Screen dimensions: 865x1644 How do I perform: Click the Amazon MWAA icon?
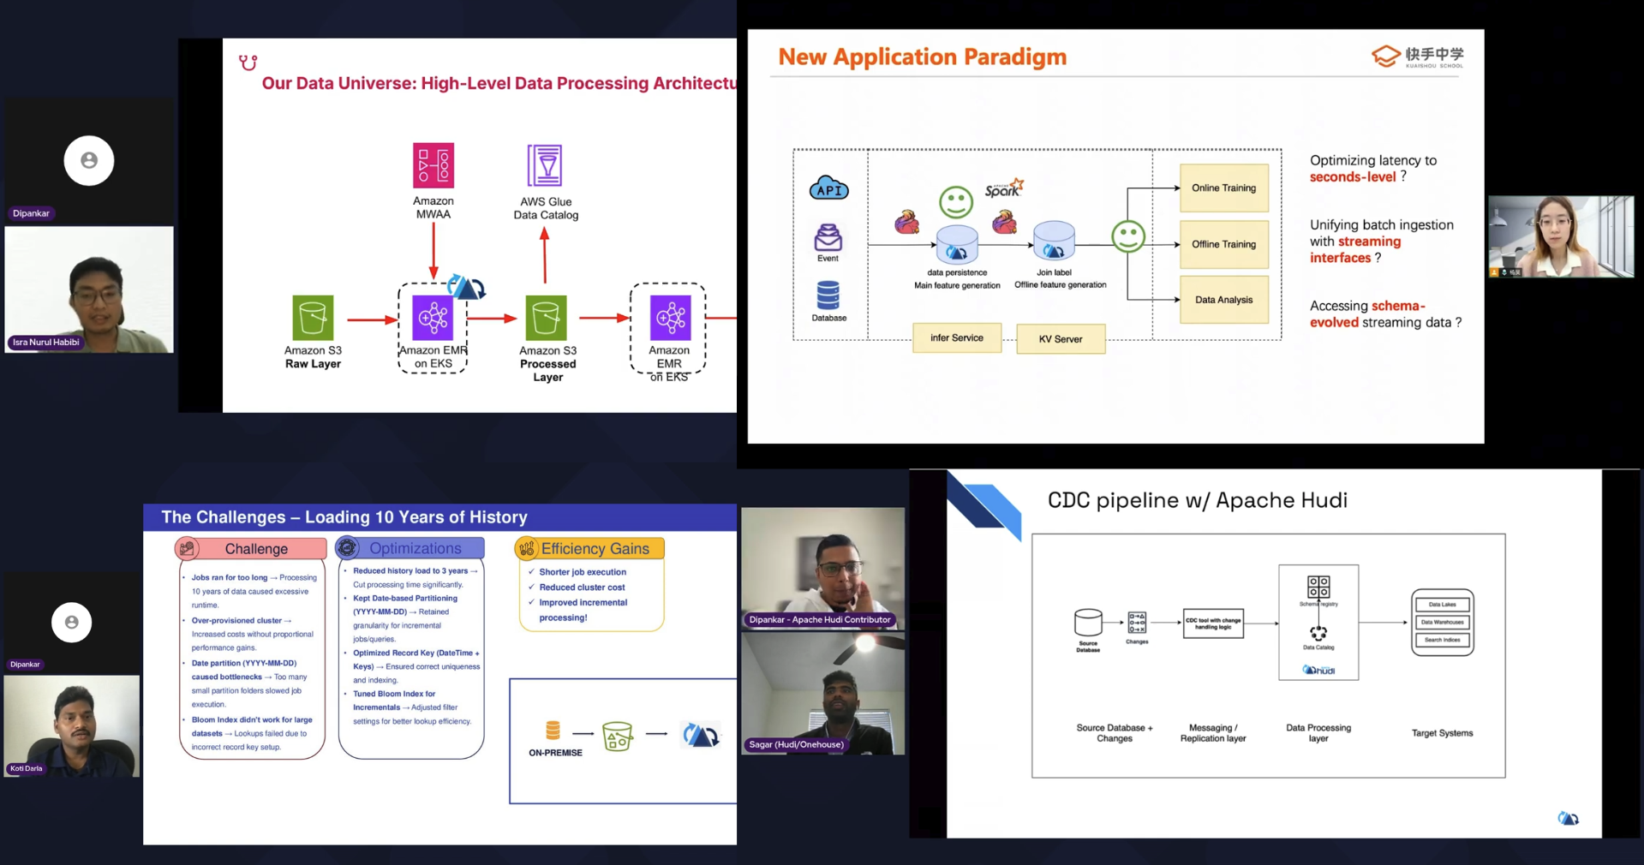pos(433,165)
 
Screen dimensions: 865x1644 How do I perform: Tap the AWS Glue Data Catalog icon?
pos(545,165)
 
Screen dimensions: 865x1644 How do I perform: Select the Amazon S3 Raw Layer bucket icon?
pos(313,318)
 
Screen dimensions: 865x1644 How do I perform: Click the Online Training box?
pos(1223,188)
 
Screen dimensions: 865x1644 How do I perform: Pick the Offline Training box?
pos(1223,244)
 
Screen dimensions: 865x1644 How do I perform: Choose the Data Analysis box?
pos(1223,300)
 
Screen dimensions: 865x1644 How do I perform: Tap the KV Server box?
pos(1061,339)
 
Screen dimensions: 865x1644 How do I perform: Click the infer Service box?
pos(957,338)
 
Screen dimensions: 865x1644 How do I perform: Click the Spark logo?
pos(1003,188)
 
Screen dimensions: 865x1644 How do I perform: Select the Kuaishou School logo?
pos(1418,57)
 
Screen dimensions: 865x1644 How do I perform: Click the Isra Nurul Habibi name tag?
pos(46,343)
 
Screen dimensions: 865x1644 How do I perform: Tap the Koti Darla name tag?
pos(27,768)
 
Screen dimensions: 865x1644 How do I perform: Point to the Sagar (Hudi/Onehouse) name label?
pos(797,744)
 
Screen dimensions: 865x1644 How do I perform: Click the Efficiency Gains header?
pos(594,548)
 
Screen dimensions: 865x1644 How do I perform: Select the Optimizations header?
pos(415,548)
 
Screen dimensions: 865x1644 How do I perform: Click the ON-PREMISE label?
pos(555,753)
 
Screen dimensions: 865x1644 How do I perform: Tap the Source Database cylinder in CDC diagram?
pos(1088,623)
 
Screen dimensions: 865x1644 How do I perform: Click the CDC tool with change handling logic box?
pos(1213,623)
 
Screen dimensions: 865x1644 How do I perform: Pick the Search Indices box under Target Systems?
pos(1442,640)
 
